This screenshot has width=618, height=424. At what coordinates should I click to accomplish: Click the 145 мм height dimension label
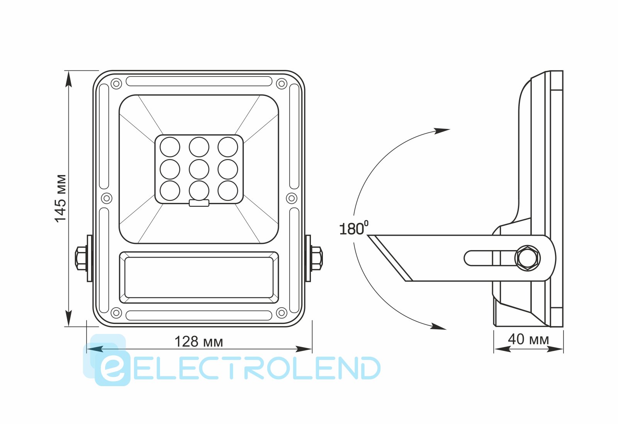click(x=60, y=198)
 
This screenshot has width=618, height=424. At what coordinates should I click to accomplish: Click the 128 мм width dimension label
click(x=199, y=342)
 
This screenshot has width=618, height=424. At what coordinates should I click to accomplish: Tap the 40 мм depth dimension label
click(x=528, y=339)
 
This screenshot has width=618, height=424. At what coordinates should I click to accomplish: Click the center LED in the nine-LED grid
click(x=199, y=169)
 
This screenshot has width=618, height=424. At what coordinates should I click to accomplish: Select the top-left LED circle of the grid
click(x=170, y=147)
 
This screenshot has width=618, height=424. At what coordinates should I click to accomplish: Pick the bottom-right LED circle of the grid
click(x=228, y=191)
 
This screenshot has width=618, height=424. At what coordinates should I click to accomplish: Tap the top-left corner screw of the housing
click(x=116, y=83)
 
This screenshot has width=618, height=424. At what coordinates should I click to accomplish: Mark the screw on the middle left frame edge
click(x=107, y=198)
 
